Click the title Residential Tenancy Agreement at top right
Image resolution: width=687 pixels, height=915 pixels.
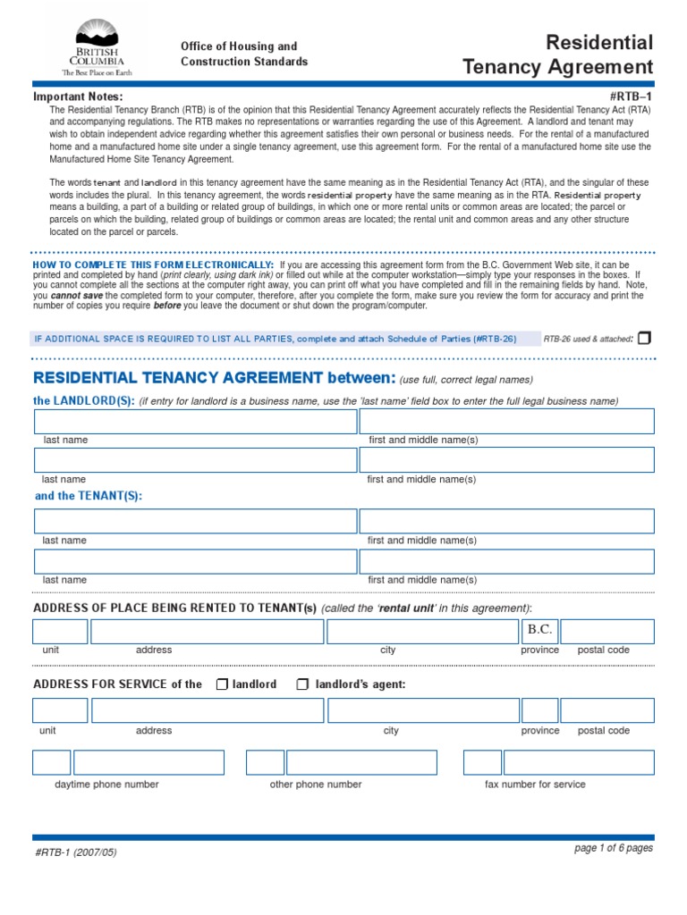(558, 55)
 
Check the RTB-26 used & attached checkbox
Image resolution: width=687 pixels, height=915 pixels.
(645, 338)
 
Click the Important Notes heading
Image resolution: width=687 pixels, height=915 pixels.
(78, 97)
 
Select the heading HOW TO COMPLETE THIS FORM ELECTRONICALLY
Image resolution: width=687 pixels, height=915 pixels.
(153, 265)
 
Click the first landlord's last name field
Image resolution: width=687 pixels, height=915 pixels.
(194, 421)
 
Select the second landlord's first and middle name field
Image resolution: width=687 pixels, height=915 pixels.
(506, 460)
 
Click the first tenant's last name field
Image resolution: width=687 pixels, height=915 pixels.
(194, 521)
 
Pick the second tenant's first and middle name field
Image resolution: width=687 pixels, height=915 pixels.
(506, 561)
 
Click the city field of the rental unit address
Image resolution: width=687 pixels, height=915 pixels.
(422, 632)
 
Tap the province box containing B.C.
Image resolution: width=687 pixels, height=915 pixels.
(539, 631)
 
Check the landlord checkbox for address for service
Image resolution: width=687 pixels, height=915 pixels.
(222, 684)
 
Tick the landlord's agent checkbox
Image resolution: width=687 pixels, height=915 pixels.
(302, 684)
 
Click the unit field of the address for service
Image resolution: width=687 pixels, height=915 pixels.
(60, 710)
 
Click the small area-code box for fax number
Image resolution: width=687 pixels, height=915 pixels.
(482, 762)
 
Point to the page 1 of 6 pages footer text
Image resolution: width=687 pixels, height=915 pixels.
(613, 848)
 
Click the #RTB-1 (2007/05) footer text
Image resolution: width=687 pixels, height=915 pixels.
(76, 852)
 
